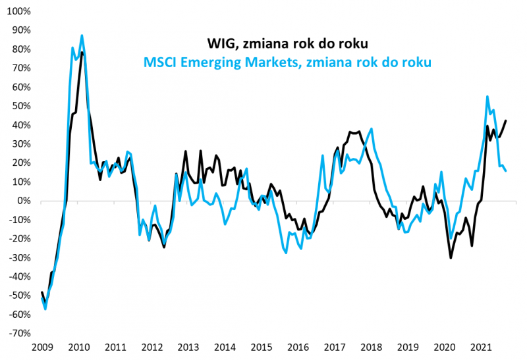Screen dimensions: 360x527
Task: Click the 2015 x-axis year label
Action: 262,347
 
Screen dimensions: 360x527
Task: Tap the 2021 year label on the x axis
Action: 482,347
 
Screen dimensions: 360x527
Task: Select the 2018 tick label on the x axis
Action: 372,347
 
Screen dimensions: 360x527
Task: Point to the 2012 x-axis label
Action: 152,347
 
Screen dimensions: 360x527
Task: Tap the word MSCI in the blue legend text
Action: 159,63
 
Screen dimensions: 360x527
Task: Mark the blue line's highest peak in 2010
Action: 82,36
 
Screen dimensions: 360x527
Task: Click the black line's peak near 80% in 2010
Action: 82,52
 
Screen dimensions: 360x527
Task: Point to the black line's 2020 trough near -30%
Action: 451,257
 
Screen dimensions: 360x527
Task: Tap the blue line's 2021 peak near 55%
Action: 487,96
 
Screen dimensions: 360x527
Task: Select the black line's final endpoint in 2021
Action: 506,120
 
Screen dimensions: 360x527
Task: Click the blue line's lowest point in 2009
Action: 45,309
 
